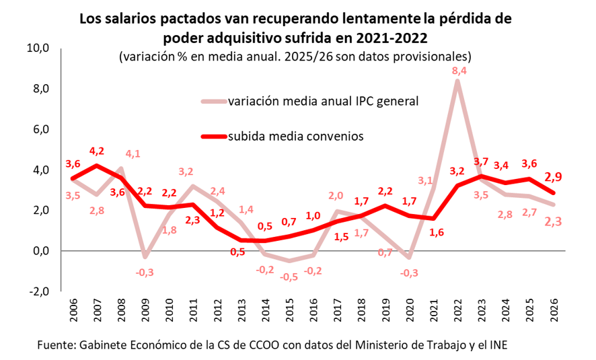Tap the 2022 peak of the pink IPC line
pyautogui.click(x=457, y=81)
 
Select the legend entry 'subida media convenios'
pyautogui.click(x=296, y=136)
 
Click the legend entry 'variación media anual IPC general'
pyautogui.click(x=324, y=102)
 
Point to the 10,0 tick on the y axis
pyautogui.click(x=38, y=48)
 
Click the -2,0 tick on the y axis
pyautogui.click(x=38, y=291)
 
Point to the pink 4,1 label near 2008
pyautogui.click(x=133, y=154)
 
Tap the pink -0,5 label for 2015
pyautogui.click(x=290, y=277)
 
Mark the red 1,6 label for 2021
pyautogui.click(x=436, y=232)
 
